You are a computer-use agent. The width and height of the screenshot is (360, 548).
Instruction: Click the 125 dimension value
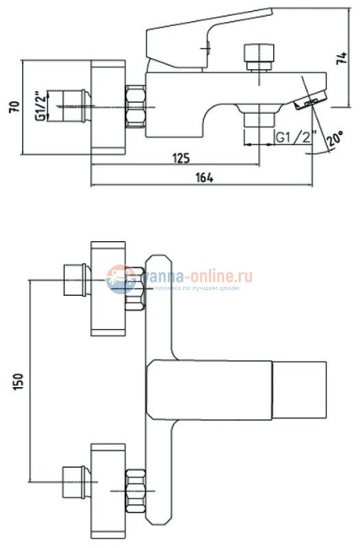179,158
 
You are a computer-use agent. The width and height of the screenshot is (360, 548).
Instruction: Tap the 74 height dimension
341,58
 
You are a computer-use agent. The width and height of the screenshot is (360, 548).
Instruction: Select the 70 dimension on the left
11,108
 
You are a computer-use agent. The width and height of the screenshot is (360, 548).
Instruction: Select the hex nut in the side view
135,107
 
